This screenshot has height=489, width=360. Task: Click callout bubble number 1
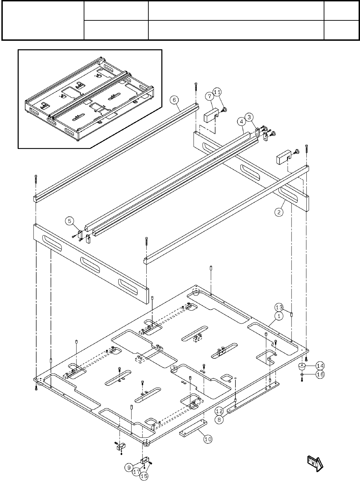(x=279, y=316)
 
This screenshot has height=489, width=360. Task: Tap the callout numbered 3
(x=250, y=117)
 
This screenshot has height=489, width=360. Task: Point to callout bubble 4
(x=241, y=122)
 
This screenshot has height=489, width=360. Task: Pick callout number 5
(x=70, y=220)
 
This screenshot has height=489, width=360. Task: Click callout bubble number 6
(x=174, y=100)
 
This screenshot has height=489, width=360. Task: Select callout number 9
(x=129, y=468)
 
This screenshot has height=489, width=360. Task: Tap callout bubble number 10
(x=207, y=439)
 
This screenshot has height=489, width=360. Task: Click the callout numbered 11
(x=217, y=92)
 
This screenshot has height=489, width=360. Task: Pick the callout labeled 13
(x=279, y=307)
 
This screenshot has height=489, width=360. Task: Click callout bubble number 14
(x=320, y=366)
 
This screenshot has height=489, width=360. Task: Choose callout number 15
(x=144, y=476)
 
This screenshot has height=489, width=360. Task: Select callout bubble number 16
(x=320, y=374)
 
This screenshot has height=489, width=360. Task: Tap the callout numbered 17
(x=137, y=471)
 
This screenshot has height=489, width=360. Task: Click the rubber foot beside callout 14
(x=303, y=366)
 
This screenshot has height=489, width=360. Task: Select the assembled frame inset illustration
(x=90, y=98)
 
